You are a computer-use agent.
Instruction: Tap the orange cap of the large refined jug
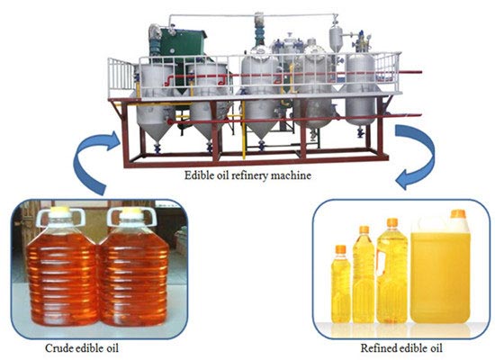coord(457,214)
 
